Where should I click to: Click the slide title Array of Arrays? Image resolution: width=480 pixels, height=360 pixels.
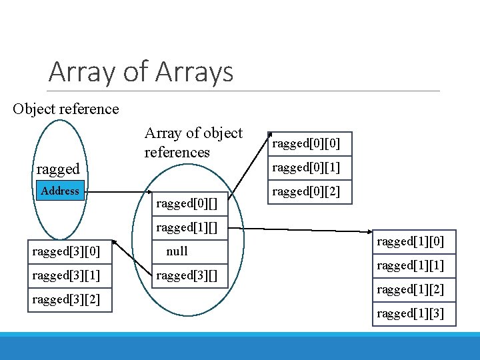coord(141,71)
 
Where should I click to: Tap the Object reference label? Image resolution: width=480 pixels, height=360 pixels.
coord(65,109)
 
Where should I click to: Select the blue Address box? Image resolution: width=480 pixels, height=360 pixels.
coord(60,191)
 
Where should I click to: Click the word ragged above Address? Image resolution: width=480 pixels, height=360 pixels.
coord(58,169)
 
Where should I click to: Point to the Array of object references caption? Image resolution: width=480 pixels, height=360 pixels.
coord(193,143)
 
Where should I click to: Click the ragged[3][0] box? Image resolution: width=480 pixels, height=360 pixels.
coord(66,251)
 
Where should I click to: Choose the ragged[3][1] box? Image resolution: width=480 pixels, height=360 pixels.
coord(66,275)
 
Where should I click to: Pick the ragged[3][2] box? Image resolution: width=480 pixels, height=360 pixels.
coord(66,299)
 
